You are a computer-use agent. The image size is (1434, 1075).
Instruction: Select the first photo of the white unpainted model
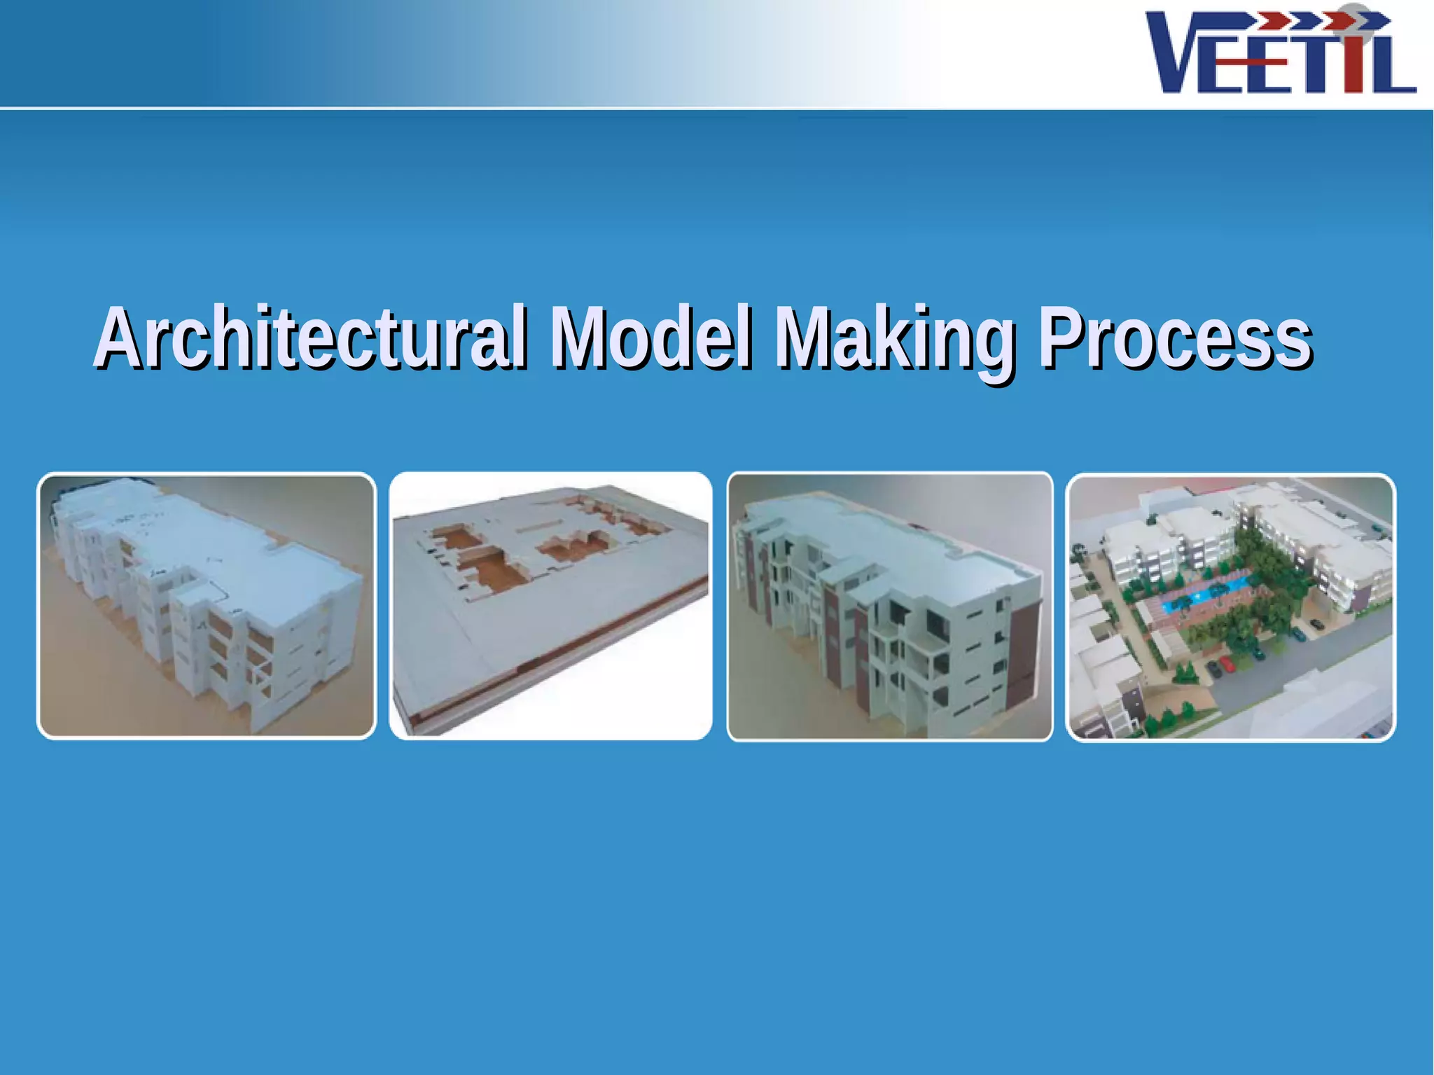point(206,606)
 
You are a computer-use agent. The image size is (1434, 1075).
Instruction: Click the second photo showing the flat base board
point(550,606)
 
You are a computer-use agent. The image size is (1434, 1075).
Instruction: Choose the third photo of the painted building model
point(889,606)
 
